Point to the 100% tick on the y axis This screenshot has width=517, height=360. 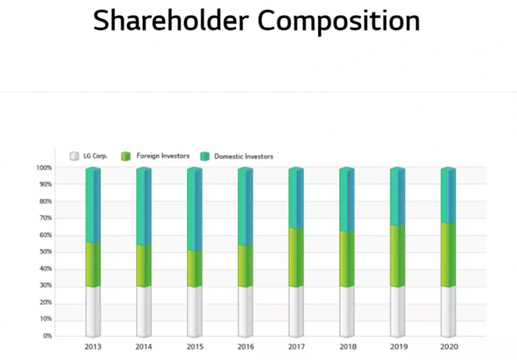[44, 168]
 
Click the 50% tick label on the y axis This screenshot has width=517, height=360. [46, 251]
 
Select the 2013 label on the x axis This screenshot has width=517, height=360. [92, 346]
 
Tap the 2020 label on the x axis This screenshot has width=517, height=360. [448, 346]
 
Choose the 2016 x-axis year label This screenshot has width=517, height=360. [245, 346]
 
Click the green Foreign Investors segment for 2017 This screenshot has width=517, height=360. [296, 257]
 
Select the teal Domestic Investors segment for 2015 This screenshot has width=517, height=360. [194, 209]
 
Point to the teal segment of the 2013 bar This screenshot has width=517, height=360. [92, 205]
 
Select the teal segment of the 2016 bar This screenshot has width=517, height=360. [245, 207]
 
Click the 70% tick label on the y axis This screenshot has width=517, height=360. [46, 218]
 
